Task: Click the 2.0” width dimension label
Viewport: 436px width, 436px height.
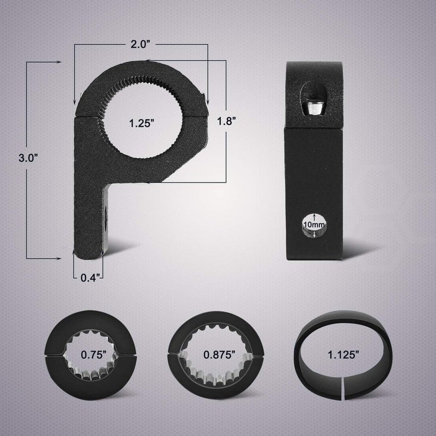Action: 141,44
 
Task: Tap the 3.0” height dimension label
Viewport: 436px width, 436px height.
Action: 28,158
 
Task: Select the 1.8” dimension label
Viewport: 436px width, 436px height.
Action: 226,121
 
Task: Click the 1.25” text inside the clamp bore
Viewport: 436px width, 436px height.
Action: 142,123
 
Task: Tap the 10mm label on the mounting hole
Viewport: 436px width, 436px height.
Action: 314,225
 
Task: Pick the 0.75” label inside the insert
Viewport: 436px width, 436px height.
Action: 94,355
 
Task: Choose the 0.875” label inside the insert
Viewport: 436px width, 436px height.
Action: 220,355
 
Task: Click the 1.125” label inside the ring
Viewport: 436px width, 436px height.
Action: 343,355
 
